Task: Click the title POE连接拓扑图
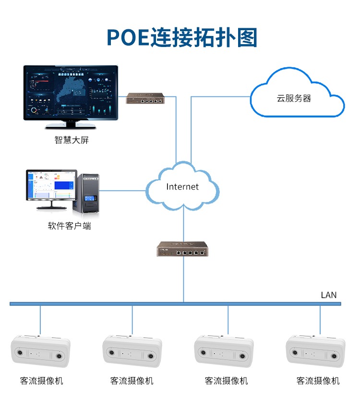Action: click(181, 37)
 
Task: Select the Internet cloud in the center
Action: click(182, 187)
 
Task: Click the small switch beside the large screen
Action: click(145, 99)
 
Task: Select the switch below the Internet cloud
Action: click(182, 249)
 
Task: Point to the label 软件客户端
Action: click(70, 226)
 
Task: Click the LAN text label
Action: click(329, 295)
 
